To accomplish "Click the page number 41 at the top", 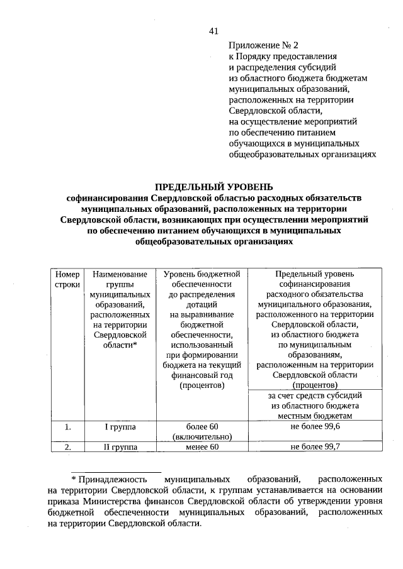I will [213, 31].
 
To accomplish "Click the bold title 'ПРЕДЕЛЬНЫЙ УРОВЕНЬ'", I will [213, 187].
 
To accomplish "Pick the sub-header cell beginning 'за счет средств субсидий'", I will [315, 406].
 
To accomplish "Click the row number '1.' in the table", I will [67, 427].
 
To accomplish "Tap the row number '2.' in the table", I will [67, 447].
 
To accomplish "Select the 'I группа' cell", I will [120, 427].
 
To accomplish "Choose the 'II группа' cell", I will [120, 447].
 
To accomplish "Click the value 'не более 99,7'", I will [315, 447].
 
